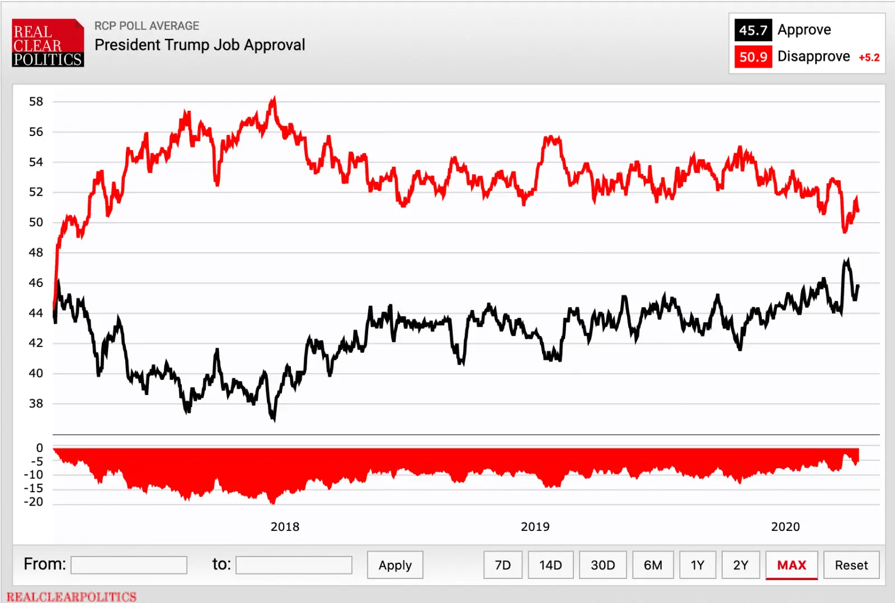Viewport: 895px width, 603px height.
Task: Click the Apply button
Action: [x=395, y=565]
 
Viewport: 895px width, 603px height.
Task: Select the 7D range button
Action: [x=503, y=565]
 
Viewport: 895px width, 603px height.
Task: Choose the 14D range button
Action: [x=550, y=565]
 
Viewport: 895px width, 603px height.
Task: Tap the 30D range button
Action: [x=602, y=565]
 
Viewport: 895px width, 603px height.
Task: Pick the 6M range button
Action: [x=653, y=565]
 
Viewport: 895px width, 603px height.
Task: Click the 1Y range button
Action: [x=697, y=565]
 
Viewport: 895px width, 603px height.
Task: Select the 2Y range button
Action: [x=741, y=565]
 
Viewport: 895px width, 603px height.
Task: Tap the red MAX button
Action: [x=792, y=565]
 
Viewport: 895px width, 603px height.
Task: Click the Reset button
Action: [x=851, y=565]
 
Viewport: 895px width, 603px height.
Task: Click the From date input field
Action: [x=129, y=565]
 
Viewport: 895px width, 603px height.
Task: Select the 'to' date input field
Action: [x=294, y=565]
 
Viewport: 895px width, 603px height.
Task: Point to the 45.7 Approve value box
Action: [x=753, y=30]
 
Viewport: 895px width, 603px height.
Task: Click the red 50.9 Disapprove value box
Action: [x=753, y=57]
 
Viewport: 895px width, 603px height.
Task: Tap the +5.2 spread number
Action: [x=869, y=58]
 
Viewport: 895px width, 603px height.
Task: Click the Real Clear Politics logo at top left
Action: [x=48, y=44]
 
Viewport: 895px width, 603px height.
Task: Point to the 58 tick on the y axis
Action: [x=36, y=101]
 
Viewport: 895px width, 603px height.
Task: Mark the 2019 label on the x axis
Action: [x=535, y=526]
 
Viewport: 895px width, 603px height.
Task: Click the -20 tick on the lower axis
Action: [x=34, y=502]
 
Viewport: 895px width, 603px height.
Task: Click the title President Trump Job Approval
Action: [x=200, y=45]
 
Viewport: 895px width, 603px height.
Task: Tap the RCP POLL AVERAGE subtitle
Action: [x=147, y=26]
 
